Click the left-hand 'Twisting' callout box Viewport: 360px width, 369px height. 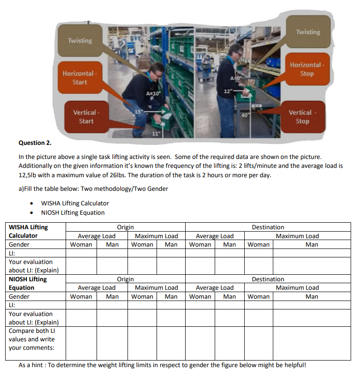tap(80, 40)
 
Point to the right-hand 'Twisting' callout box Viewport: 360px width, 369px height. tap(308, 32)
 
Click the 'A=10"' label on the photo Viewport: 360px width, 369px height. tap(153, 94)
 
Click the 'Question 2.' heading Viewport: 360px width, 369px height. tap(35, 143)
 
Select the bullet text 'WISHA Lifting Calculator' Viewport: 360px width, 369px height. tap(75, 203)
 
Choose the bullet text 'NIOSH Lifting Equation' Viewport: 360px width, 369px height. tap(73, 212)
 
